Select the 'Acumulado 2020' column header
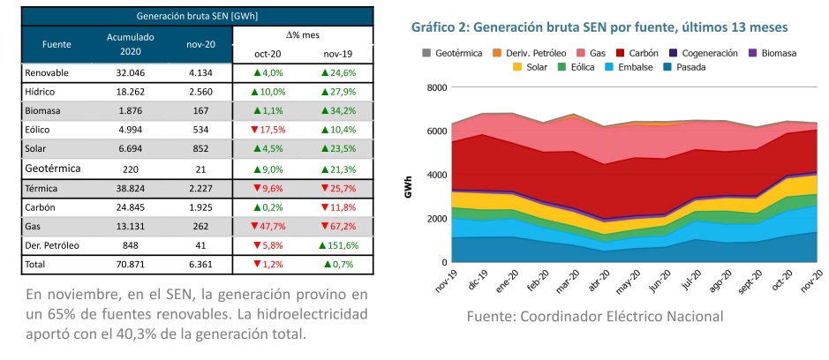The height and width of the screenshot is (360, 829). (130, 43)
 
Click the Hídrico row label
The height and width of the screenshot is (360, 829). (42, 92)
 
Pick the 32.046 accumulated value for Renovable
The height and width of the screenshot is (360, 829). (130, 72)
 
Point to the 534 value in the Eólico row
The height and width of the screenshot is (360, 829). (200, 130)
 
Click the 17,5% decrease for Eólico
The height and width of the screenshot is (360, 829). (268, 130)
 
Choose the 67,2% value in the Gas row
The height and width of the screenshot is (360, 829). (337, 225)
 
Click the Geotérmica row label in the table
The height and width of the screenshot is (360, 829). (53, 168)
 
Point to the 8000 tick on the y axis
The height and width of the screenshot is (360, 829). (437, 87)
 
